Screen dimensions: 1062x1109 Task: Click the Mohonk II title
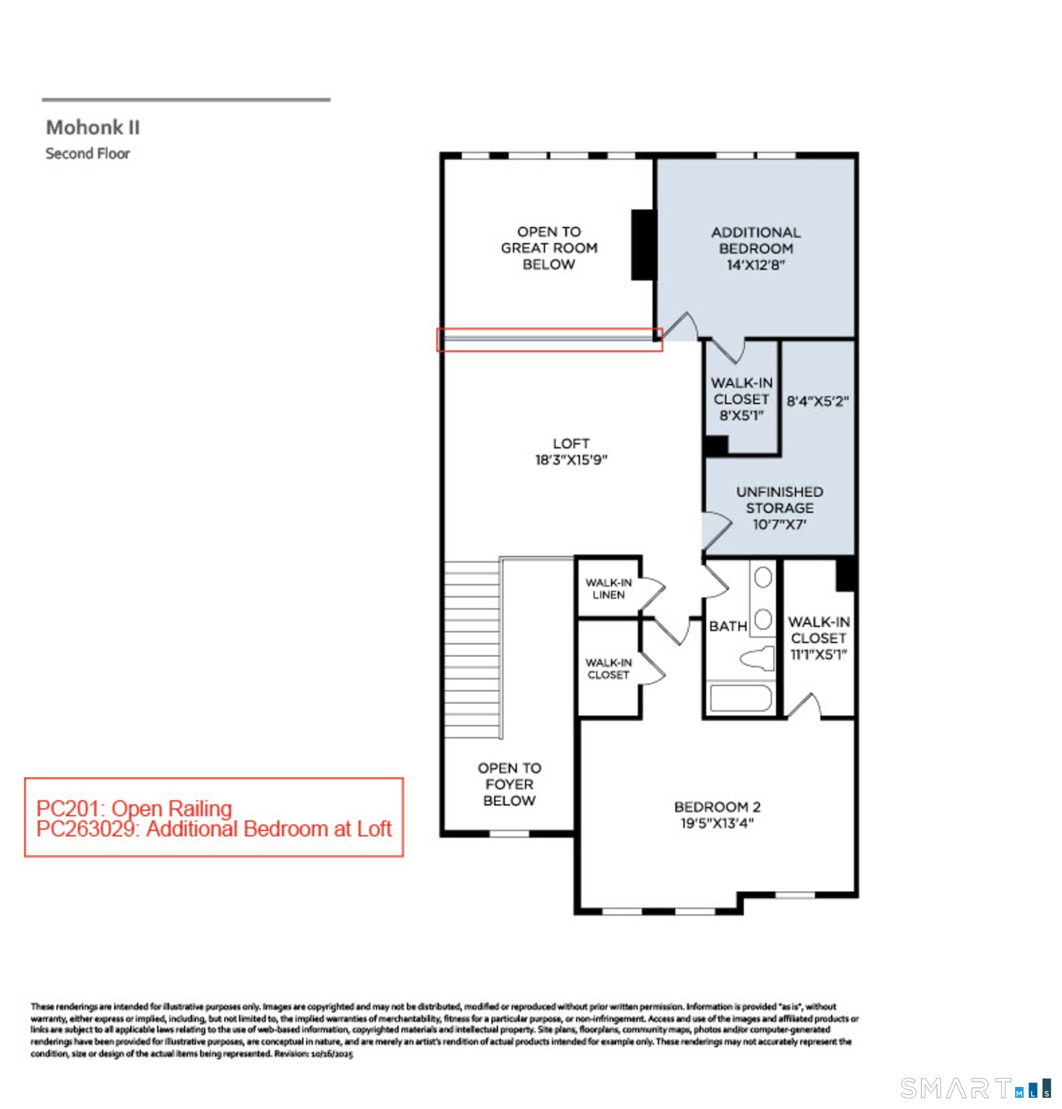point(93,127)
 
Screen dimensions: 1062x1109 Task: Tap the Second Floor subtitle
point(88,153)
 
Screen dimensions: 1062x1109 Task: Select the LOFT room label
point(571,444)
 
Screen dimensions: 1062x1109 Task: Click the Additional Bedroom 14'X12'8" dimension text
point(756,265)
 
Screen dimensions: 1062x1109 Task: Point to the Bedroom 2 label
point(717,807)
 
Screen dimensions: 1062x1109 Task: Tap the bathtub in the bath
point(740,698)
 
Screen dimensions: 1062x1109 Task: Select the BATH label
point(727,626)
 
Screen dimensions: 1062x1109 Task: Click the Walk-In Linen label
point(608,589)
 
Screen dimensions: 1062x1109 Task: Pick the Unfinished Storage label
point(779,500)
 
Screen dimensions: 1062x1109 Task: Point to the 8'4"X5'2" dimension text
point(818,401)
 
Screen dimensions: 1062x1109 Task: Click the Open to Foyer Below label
point(509,784)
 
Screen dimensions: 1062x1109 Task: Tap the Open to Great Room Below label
point(549,248)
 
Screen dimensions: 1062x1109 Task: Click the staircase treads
point(472,649)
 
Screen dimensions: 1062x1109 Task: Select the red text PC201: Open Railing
point(134,809)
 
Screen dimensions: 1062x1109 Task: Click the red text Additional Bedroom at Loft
point(269,829)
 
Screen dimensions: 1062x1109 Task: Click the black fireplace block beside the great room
point(643,244)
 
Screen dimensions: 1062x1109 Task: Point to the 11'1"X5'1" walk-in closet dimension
point(818,655)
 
